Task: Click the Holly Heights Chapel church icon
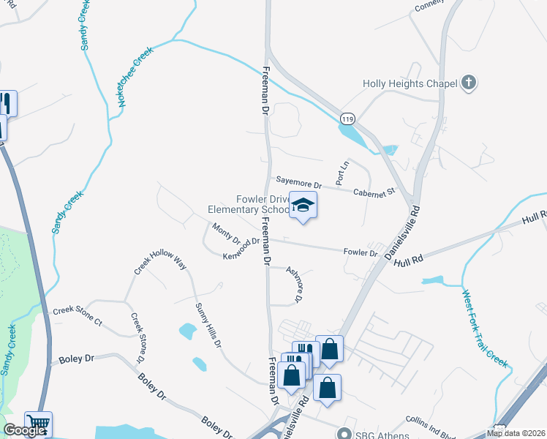click(469, 83)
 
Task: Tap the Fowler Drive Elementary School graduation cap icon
click(301, 206)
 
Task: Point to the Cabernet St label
click(374, 192)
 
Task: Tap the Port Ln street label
click(341, 173)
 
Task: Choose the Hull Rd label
click(409, 259)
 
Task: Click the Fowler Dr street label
click(361, 253)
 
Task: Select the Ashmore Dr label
click(294, 283)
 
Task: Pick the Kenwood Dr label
click(241, 247)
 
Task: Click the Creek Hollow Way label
click(159, 262)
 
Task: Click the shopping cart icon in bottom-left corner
click(38, 424)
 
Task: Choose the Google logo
click(24, 431)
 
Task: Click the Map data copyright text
click(515, 433)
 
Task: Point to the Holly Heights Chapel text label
click(410, 83)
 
